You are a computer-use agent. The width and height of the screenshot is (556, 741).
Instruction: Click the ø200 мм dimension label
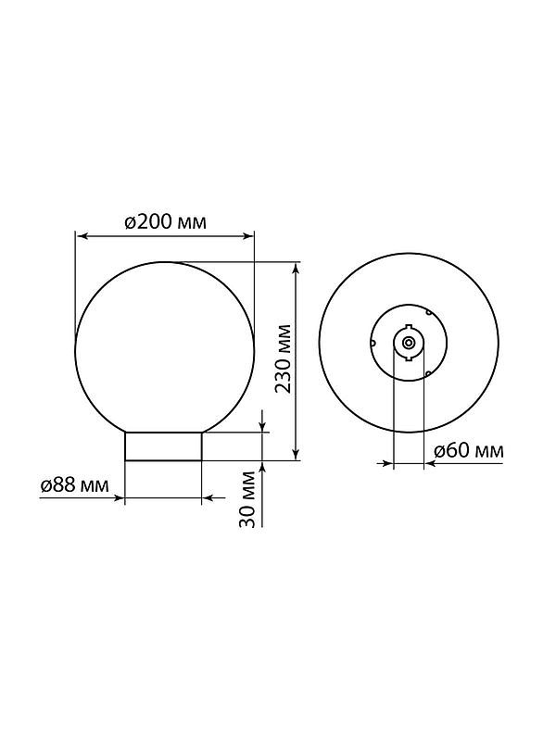click(x=166, y=221)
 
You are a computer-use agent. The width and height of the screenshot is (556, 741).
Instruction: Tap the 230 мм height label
click(x=284, y=359)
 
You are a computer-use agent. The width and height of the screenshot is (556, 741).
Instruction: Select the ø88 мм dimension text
click(x=74, y=484)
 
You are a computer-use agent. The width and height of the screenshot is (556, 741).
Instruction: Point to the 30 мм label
click(x=247, y=499)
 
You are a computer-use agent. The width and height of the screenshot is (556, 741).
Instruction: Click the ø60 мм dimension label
click(x=469, y=451)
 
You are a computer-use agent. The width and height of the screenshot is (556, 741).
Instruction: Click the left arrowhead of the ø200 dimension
click(x=82, y=236)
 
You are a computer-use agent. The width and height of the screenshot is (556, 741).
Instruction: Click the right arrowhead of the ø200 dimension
click(x=248, y=236)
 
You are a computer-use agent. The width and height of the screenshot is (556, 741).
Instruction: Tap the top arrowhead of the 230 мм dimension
click(x=296, y=269)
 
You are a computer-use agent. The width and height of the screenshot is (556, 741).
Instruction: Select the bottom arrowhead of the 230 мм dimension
click(x=296, y=453)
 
